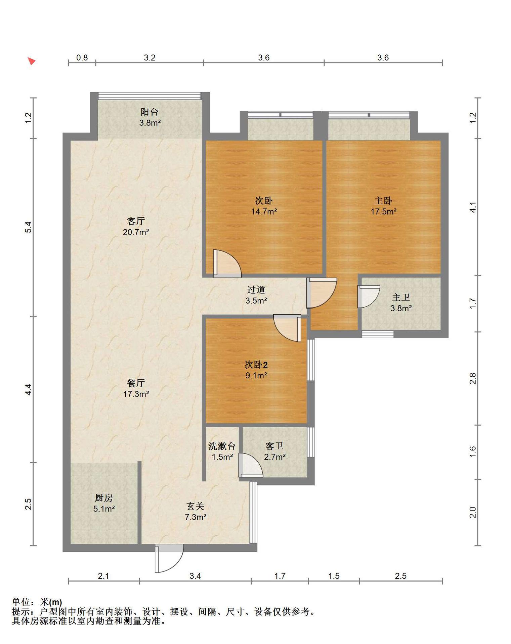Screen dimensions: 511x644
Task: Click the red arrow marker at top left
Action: coord(32,61)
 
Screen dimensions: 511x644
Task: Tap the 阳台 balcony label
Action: coord(149,112)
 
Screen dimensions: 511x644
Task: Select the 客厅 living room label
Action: coord(136,221)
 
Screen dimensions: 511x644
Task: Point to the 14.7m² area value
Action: coord(264,212)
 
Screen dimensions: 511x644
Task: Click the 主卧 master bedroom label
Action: coord(383,201)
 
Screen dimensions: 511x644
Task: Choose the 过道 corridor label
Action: coord(256,289)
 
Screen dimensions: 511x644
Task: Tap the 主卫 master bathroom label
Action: coord(401,297)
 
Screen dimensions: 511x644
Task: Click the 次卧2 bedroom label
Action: coord(256,364)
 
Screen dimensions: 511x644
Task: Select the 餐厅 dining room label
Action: coord(136,383)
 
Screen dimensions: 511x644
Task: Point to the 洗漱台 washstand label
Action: coord(222,446)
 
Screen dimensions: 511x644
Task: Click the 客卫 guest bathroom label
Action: coord(274,446)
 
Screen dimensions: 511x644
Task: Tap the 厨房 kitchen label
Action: coord(104,498)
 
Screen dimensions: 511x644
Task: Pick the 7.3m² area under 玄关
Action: coord(196,517)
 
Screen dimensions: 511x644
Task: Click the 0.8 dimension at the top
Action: coord(82,58)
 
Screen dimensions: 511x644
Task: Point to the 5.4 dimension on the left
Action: coord(29,227)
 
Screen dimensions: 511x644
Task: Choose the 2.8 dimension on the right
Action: coord(473,379)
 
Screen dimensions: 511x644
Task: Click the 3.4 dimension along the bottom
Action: coord(195,576)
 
